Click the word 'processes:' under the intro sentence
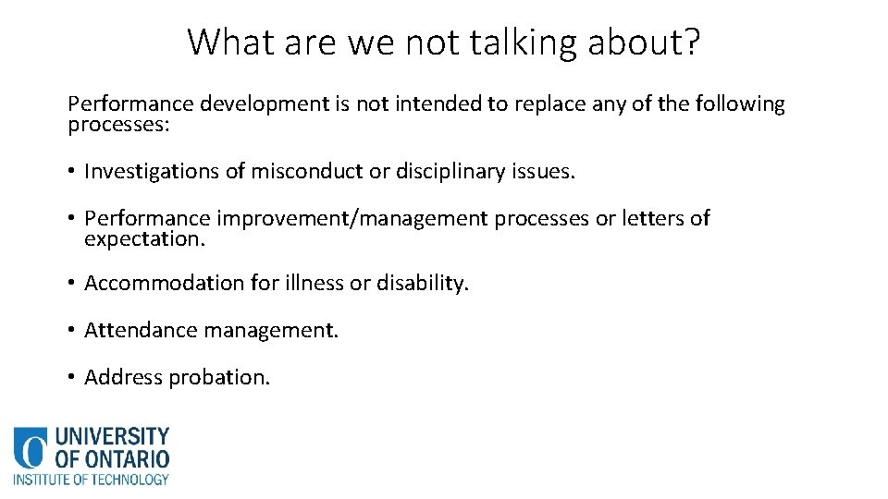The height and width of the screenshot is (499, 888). [118, 125]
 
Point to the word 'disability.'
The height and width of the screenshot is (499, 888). [423, 283]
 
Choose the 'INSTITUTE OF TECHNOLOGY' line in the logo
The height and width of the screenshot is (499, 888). [91, 480]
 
